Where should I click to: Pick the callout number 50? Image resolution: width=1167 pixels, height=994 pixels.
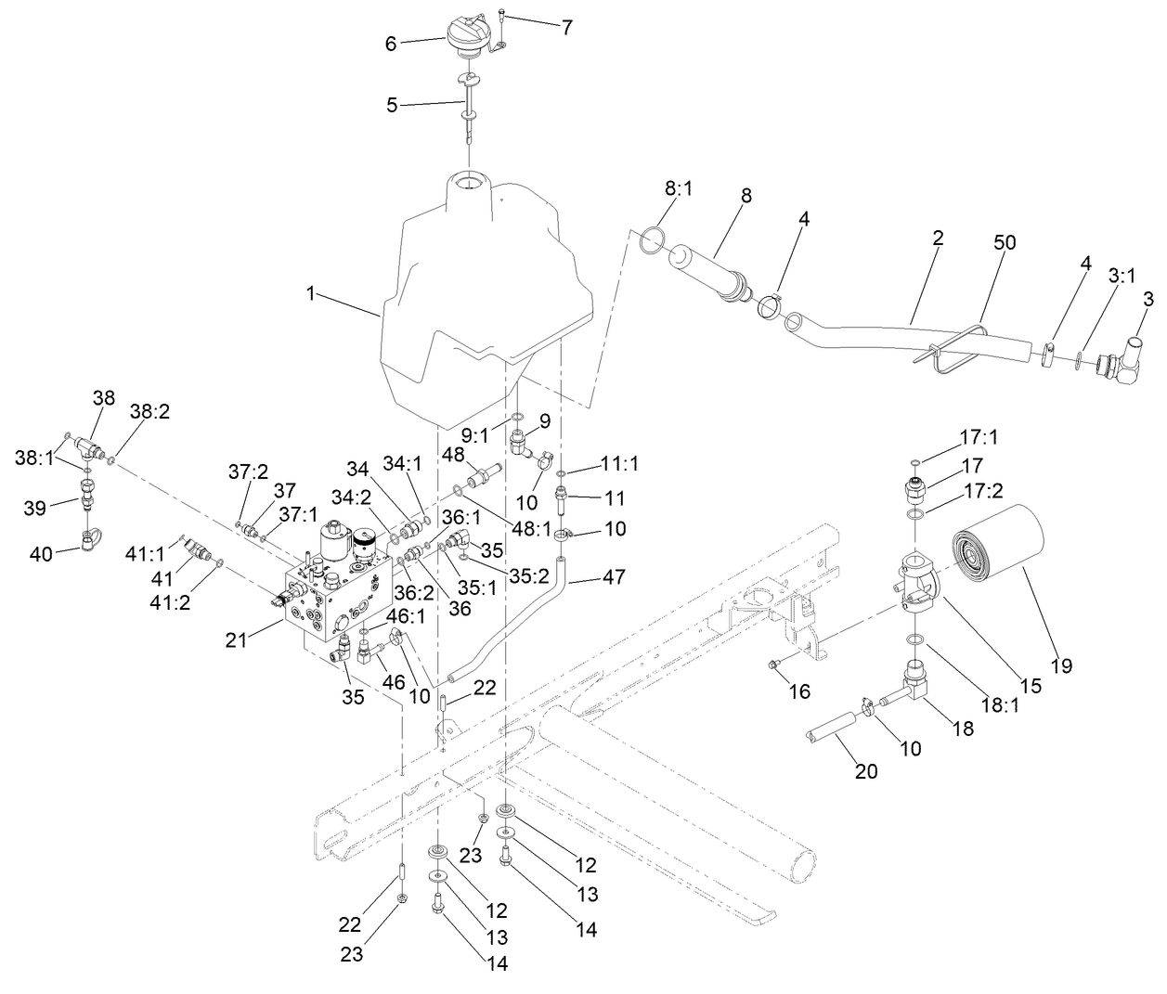coord(1005,243)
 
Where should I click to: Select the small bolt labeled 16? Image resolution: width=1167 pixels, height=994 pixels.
coord(772,664)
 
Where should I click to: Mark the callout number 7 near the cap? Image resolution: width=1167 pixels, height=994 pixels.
coord(566,27)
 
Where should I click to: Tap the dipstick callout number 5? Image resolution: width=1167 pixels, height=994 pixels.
coord(392,105)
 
